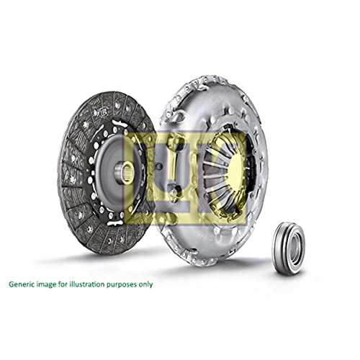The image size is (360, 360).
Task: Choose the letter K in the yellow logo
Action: click(225, 170)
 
